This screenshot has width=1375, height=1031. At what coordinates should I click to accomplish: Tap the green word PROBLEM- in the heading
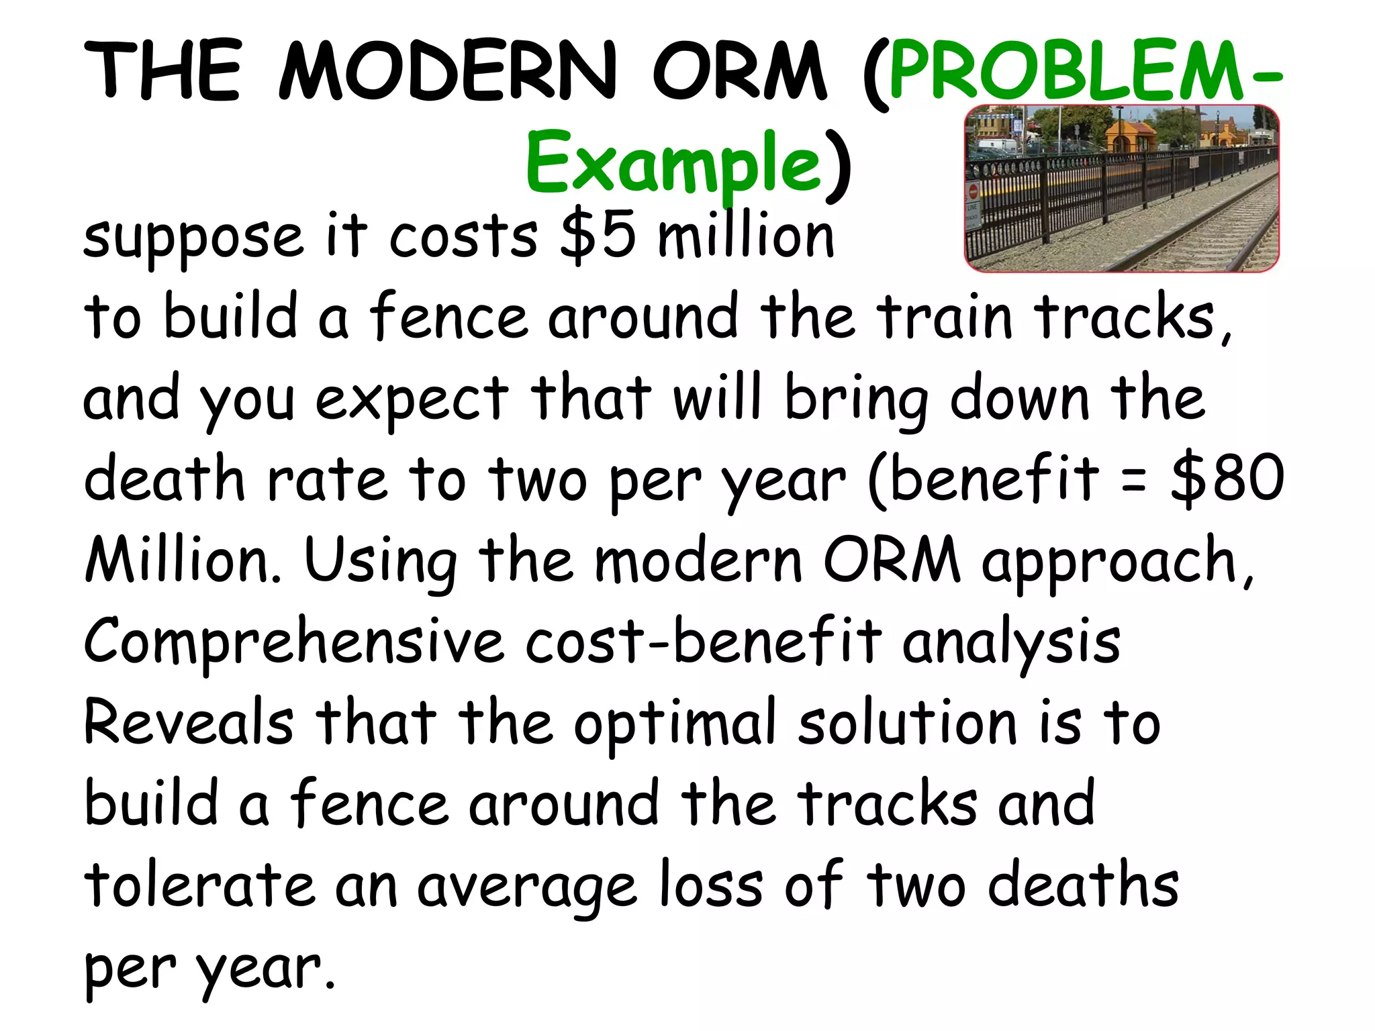1084,70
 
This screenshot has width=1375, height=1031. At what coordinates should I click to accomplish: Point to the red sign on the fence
974,193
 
